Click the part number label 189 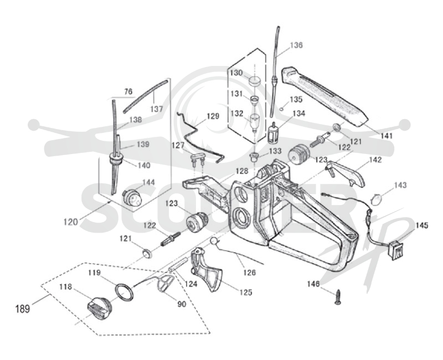click(x=22, y=308)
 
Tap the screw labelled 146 click(x=337, y=297)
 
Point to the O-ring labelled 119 click(x=123, y=292)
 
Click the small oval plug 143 click(x=376, y=199)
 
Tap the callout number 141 click(x=386, y=136)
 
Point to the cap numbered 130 click(x=255, y=81)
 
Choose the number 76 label click(x=128, y=91)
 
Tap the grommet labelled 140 click(x=116, y=159)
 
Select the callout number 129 click(x=213, y=116)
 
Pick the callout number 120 click(x=70, y=222)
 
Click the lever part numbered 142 click(x=345, y=173)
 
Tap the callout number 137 click(x=157, y=109)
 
